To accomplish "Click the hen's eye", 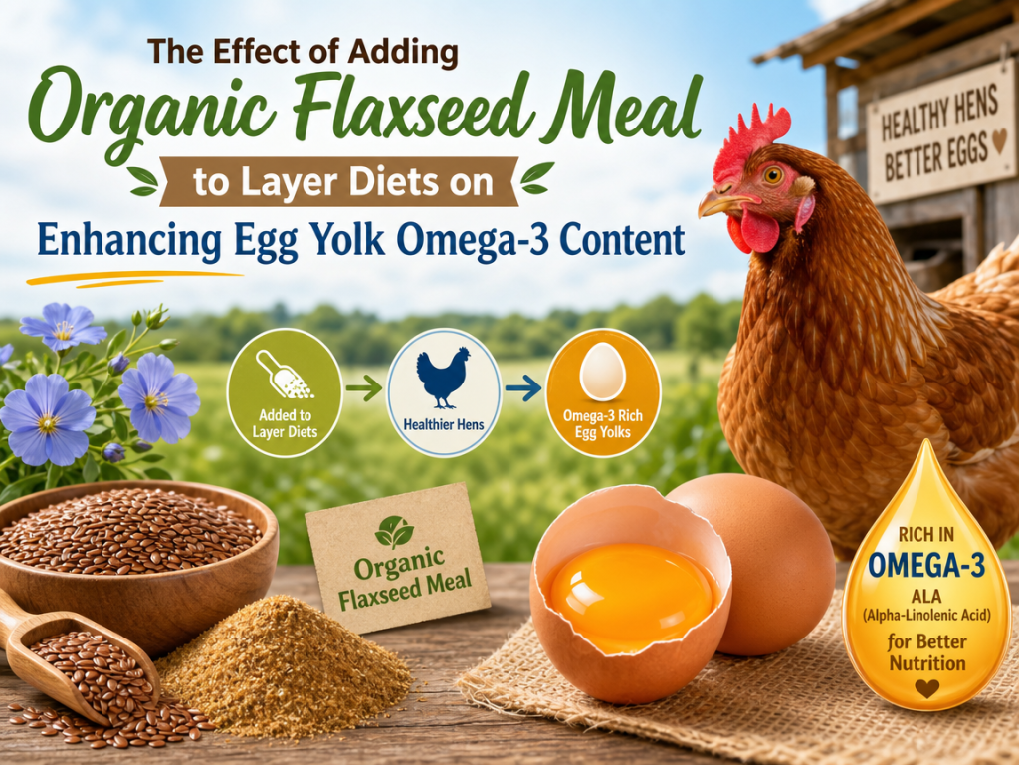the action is (x=773, y=174).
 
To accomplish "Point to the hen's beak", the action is (x=722, y=204).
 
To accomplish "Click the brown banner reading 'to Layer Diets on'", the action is (x=342, y=181).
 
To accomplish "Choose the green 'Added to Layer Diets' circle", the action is (x=285, y=391).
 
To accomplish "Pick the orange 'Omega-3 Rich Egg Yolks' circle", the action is (x=602, y=392).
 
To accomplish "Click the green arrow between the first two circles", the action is (x=364, y=389).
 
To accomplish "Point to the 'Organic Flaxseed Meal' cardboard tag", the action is (x=398, y=558).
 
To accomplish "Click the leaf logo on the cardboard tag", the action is (x=394, y=531).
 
